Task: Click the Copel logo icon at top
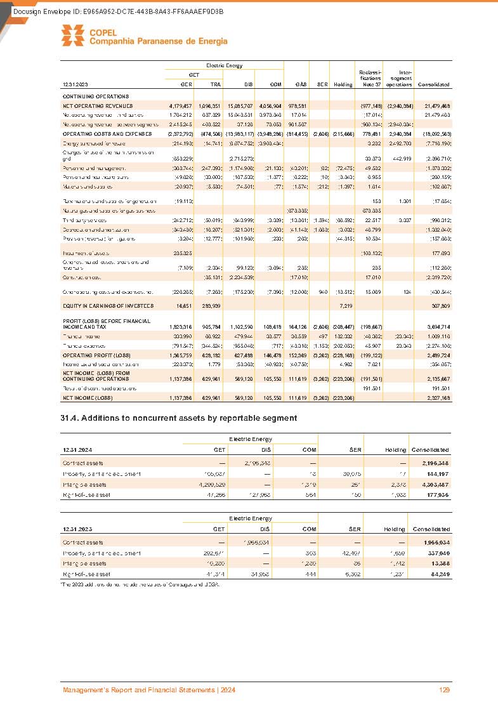[x=72, y=35]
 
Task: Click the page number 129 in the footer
[x=444, y=690]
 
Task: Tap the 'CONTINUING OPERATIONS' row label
[x=96, y=96]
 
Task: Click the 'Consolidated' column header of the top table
[x=434, y=84]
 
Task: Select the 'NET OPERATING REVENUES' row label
[x=98, y=105]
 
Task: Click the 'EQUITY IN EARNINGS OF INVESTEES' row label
[x=108, y=306]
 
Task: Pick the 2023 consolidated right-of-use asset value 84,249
[x=436, y=574]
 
